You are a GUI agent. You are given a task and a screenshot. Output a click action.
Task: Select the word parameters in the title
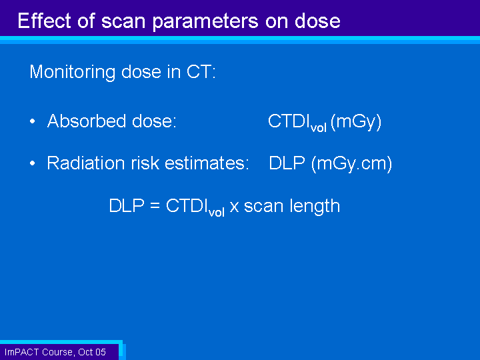[205, 22]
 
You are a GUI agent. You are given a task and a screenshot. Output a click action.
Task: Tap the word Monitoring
[72, 73]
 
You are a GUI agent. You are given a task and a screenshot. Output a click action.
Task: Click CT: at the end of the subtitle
[201, 71]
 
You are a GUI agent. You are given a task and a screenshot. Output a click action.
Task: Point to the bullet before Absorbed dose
[33, 121]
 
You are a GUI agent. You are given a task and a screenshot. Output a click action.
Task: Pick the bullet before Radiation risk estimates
[33, 163]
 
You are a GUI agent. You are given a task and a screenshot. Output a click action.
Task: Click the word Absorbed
[87, 121]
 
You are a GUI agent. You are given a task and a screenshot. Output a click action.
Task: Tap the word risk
[145, 163]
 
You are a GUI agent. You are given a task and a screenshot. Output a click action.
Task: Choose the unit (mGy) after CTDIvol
[356, 122]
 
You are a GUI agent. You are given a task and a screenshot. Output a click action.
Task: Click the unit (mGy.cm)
[352, 164]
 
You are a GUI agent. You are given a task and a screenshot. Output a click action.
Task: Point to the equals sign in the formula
[155, 205]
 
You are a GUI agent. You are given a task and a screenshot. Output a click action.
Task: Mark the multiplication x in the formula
[234, 207]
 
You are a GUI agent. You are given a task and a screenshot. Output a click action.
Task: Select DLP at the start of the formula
[127, 205]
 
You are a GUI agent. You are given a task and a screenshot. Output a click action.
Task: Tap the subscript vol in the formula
[217, 212]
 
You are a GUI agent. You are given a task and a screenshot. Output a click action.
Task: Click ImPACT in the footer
[22, 352]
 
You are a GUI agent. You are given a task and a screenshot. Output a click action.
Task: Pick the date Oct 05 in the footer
[92, 352]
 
